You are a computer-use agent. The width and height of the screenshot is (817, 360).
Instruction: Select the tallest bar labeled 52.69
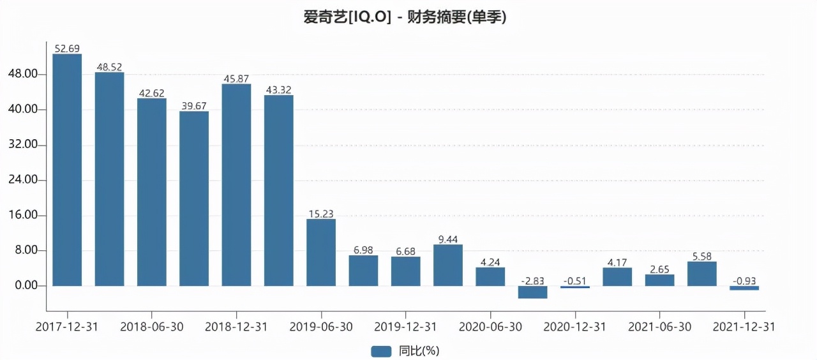point(67,170)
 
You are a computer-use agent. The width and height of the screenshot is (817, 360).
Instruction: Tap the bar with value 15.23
point(321,252)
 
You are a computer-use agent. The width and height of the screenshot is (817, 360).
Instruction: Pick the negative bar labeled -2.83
point(532,292)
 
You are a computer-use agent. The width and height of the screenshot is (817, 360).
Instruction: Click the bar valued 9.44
point(448,265)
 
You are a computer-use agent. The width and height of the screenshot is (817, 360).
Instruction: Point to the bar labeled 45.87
point(236,184)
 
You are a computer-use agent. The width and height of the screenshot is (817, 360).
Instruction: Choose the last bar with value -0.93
point(744,288)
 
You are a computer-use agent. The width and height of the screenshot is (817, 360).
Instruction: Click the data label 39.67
point(194,106)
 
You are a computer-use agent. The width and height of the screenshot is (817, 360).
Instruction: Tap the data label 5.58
point(702,256)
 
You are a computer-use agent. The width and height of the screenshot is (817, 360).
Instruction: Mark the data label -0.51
point(575,281)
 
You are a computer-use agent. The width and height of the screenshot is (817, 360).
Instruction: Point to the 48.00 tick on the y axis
point(26,75)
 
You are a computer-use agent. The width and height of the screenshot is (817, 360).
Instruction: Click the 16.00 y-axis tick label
point(26,216)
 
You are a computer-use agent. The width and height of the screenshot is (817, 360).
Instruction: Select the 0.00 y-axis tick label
point(27,286)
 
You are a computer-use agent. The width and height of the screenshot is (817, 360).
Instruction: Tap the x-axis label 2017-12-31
point(67,326)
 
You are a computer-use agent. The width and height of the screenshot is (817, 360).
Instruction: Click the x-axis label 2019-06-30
point(321,326)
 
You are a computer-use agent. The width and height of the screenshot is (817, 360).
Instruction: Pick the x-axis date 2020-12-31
point(575,326)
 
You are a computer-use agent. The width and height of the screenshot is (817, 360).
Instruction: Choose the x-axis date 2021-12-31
point(744,326)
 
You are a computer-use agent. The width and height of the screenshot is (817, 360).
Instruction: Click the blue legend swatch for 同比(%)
point(381,350)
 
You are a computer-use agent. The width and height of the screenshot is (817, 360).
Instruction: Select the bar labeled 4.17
point(617,276)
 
